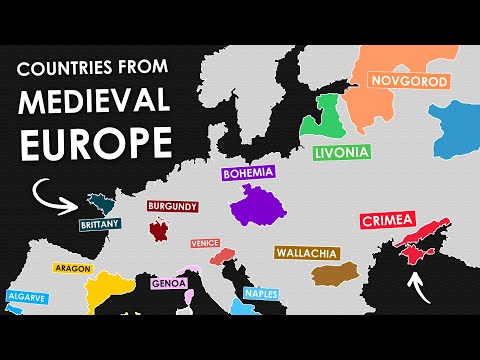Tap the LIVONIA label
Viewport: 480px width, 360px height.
[342, 152]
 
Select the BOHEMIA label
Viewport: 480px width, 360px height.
[249, 173]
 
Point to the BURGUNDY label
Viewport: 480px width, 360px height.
[172, 207]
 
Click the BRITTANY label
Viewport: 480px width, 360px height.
[100, 225]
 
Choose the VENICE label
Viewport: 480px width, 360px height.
[204, 242]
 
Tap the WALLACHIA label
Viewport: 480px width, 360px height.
[307, 253]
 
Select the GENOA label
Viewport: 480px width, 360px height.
[167, 283]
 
